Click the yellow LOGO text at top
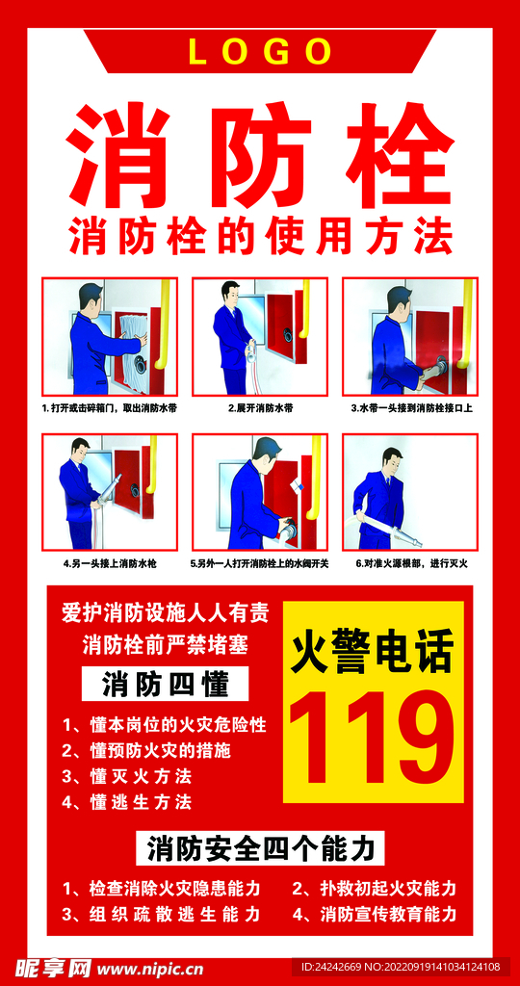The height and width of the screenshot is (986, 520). (x=260, y=51)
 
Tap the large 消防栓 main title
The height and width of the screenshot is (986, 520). (x=260, y=154)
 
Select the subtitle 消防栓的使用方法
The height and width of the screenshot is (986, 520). (x=260, y=236)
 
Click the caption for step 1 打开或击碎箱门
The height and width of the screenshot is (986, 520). (x=110, y=408)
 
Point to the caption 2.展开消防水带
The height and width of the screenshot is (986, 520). (x=260, y=408)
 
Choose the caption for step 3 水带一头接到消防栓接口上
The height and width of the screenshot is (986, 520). (x=411, y=408)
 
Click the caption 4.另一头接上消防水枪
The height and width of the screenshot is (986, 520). (x=110, y=562)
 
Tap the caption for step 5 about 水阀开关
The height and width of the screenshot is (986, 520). (x=260, y=562)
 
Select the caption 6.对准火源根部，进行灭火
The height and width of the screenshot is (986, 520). (x=411, y=562)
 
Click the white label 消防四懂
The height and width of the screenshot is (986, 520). (x=165, y=685)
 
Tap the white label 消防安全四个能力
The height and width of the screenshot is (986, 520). (x=260, y=848)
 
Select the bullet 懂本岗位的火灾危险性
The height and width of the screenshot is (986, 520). (x=164, y=724)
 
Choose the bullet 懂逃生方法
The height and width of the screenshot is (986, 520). (x=126, y=801)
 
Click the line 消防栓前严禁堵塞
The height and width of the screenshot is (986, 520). (x=165, y=641)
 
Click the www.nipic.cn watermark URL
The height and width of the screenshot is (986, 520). (x=149, y=967)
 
